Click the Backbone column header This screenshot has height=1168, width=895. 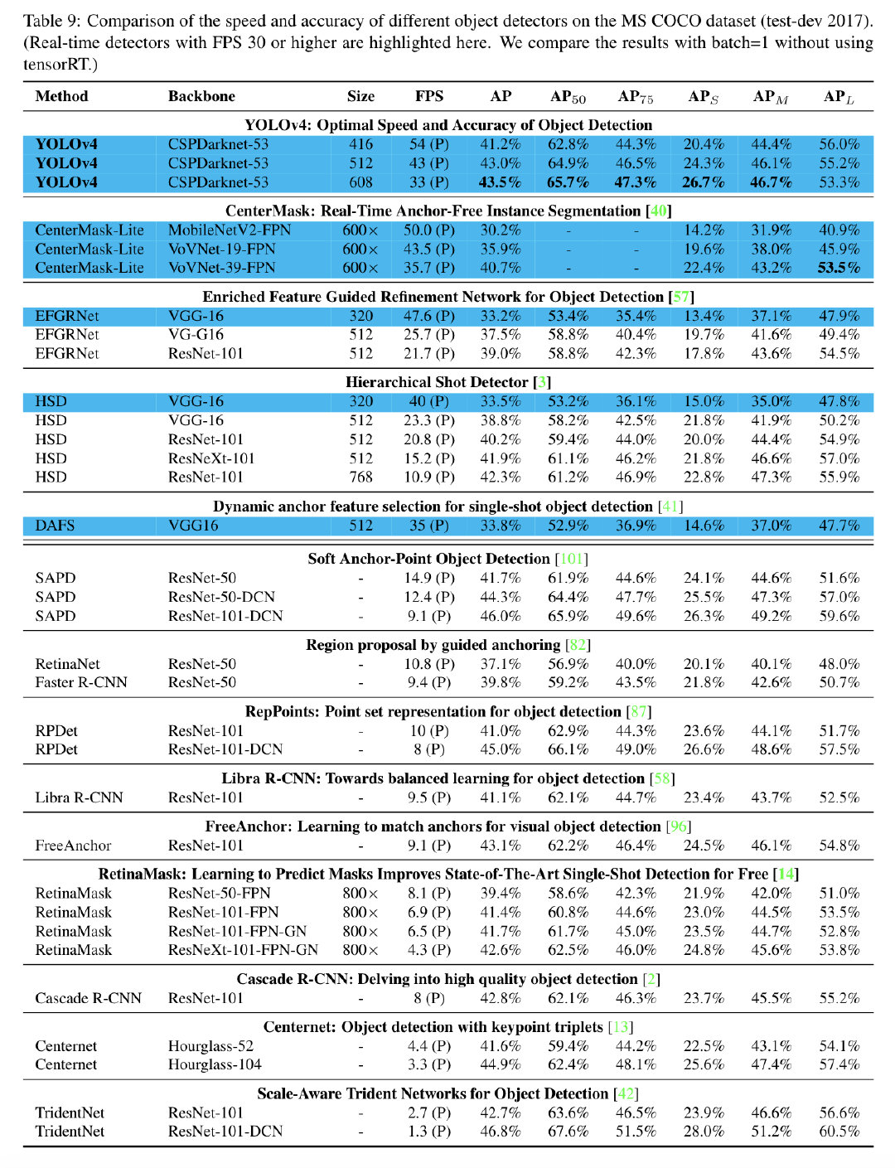coord(201,96)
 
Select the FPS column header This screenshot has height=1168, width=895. coord(429,96)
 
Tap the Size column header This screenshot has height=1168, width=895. coord(360,96)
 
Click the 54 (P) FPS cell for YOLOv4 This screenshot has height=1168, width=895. coord(429,144)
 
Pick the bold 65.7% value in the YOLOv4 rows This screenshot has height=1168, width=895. coord(568,182)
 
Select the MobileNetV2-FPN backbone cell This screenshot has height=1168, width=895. coord(230,230)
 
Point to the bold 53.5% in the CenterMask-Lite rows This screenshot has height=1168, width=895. coord(839,268)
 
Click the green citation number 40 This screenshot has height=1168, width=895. coord(659,211)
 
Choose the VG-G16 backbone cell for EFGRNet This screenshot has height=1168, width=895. coord(196,335)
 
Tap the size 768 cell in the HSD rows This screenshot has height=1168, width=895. coord(360,477)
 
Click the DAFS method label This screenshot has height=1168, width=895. coord(55,526)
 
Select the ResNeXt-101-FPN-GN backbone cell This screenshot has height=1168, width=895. coord(243,950)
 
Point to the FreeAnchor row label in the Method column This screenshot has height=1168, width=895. coord(73,846)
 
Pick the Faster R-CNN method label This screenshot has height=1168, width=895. coord(81,682)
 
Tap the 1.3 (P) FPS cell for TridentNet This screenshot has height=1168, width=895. coord(429,1132)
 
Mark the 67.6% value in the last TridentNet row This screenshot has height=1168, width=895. coord(568,1132)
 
